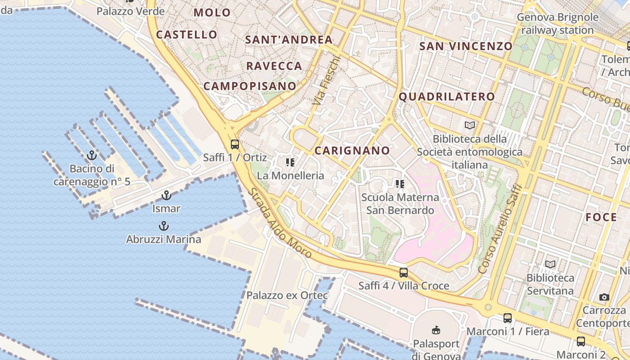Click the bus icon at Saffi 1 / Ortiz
click(234, 144)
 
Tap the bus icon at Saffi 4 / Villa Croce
click(404, 272)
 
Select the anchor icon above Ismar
click(166, 195)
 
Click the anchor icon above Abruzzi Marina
click(163, 226)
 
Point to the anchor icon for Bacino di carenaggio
click(92, 155)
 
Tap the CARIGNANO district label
click(352, 150)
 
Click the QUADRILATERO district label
click(447, 96)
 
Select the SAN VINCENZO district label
click(466, 46)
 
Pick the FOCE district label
click(601, 217)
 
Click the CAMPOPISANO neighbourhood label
click(250, 86)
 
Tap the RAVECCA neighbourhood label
click(274, 66)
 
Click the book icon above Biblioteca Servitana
click(550, 265)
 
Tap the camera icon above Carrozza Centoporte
click(604, 297)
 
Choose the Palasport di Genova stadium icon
click(436, 330)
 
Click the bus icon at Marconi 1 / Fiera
click(508, 318)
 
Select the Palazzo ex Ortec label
click(287, 296)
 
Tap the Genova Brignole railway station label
click(558, 24)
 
